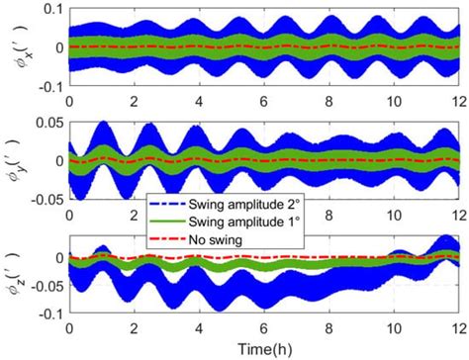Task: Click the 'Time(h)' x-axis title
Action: click(263, 348)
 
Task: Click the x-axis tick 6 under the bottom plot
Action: click(263, 327)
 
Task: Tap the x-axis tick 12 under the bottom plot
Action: click(455, 327)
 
